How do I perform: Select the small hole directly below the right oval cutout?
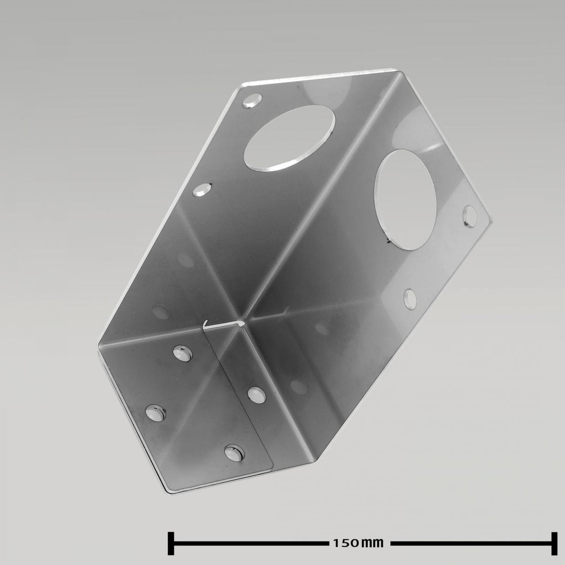point(410,298)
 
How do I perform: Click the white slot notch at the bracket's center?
point(223,324)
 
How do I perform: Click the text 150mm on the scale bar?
point(358,543)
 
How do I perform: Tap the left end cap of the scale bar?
point(171,543)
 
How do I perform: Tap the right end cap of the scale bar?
point(554,543)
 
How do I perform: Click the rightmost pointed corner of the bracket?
point(491,217)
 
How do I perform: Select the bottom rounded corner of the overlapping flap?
point(270,470)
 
